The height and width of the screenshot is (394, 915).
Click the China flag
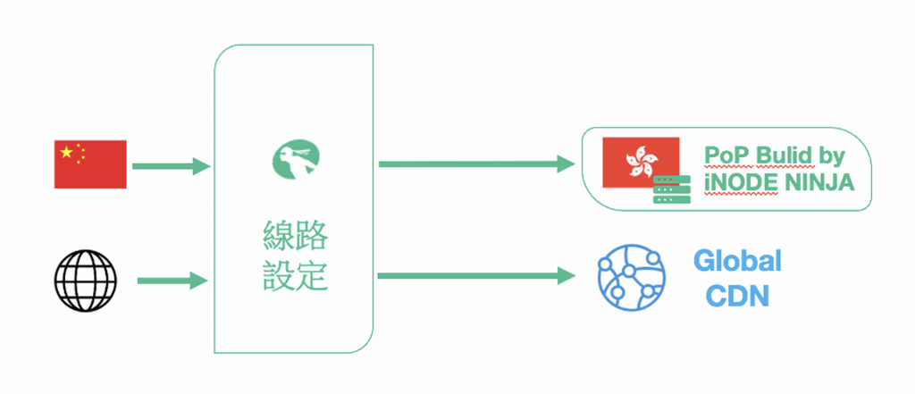click(x=90, y=164)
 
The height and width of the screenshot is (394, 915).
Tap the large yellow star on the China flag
click(x=66, y=153)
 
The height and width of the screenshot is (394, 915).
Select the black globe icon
click(x=85, y=280)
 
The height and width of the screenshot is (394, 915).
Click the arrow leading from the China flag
click(x=170, y=165)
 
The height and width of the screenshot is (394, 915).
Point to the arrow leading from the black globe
click(x=172, y=281)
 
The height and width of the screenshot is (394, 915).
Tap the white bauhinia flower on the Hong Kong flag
click(x=642, y=161)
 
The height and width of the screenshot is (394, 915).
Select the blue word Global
click(x=737, y=262)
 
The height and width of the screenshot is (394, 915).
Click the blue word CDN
click(x=737, y=296)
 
